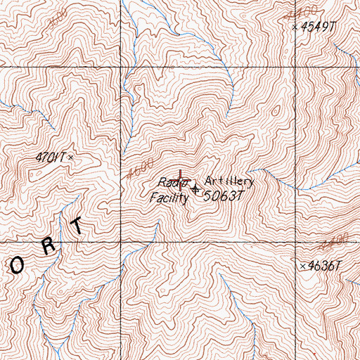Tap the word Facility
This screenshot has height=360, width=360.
tap(169, 198)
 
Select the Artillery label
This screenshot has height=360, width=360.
tap(229, 181)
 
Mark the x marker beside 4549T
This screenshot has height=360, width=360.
tap(294, 27)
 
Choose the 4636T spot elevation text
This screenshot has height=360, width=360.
tap(324, 266)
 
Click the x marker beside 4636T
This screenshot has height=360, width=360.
tap(302, 266)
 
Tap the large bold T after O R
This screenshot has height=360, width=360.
tap(77, 226)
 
